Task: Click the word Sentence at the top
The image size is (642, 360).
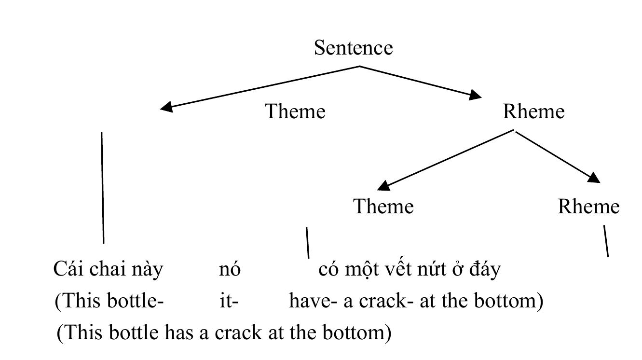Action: pos(354,48)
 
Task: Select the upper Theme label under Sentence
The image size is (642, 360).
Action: pos(295,111)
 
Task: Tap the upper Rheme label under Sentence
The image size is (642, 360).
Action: pos(533,111)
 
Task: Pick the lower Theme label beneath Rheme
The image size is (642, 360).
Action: pos(383,206)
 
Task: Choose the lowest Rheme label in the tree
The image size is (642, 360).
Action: pos(588,206)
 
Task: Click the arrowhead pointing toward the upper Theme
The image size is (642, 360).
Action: pos(167,107)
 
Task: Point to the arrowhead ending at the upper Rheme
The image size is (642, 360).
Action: pos(475,95)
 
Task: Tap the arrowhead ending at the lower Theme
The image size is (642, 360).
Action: pos(384,186)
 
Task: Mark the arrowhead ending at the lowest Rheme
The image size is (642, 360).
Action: pos(594,178)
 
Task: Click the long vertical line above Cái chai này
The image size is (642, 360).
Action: pos(103,188)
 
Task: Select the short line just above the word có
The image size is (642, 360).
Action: pos(308,243)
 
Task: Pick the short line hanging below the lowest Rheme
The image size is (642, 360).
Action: pos(606,241)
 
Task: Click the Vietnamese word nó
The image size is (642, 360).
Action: pos(230,269)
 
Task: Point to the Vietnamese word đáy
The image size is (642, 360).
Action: pos(485,270)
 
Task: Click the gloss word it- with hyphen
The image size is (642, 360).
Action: pos(229,301)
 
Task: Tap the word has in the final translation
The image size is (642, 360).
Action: pos(179,332)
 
